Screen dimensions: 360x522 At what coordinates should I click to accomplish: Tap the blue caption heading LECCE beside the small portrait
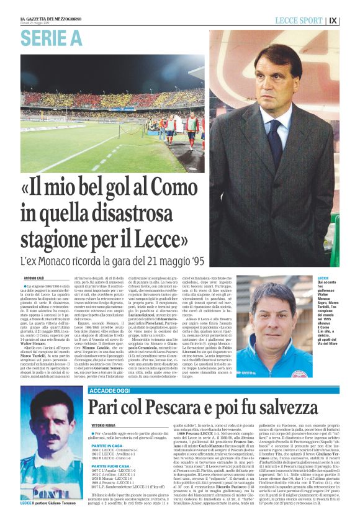point(323,278)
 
